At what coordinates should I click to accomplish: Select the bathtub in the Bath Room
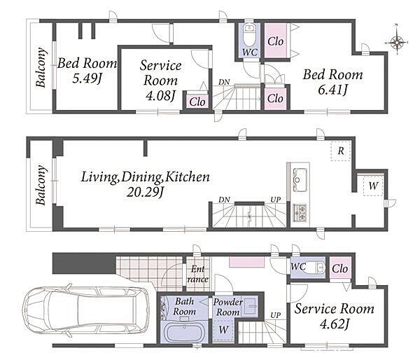coord(183,331)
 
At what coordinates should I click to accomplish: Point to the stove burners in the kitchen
coord(300,211)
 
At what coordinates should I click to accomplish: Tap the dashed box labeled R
coord(340,151)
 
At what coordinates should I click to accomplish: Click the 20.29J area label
coord(145,193)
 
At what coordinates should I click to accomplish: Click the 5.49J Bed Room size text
coord(87,78)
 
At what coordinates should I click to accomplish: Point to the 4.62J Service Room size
coord(334,324)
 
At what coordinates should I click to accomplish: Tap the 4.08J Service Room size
coord(160,96)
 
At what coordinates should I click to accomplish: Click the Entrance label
coord(198,274)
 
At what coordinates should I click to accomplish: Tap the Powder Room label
coord(227,307)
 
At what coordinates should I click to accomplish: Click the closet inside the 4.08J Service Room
coord(197,102)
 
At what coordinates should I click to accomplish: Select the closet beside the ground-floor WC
coord(340,268)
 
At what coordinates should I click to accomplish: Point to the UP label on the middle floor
coord(276,200)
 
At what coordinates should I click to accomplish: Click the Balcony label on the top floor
coord(41,67)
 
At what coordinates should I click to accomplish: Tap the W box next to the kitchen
coord(373,186)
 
